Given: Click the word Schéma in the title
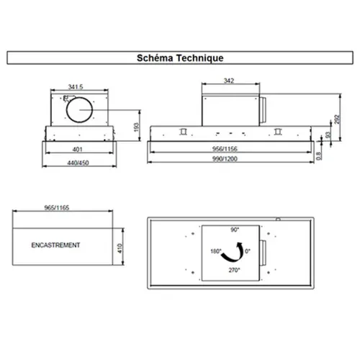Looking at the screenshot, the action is [155, 58].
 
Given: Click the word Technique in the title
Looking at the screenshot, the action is [200, 58].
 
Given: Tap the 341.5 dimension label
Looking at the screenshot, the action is [76, 86].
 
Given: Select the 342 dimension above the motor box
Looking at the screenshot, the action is [229, 81].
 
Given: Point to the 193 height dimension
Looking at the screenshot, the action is [136, 127].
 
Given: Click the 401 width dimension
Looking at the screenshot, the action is [77, 149].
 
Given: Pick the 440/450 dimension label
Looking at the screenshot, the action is [78, 163].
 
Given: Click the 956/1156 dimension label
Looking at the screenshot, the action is [225, 149].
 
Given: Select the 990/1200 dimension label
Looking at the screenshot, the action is [225, 159].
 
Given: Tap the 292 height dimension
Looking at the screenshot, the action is [337, 120].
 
